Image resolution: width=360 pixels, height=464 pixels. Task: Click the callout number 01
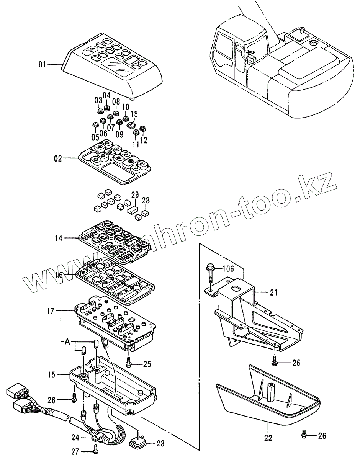point(42,64)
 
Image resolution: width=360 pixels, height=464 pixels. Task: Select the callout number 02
point(57,158)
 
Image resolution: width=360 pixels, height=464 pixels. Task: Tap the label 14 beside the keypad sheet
point(58,238)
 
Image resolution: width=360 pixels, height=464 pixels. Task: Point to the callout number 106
point(228,269)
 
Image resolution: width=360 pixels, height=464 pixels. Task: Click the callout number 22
point(268,438)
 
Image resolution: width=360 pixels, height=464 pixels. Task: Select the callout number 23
point(160,444)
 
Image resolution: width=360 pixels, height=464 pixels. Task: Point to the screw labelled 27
point(95,452)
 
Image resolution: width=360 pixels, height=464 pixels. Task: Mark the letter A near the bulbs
point(67,341)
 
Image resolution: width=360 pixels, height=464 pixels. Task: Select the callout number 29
point(134,195)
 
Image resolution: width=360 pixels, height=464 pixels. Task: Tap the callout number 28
point(146,200)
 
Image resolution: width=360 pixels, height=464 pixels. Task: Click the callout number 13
point(134,114)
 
